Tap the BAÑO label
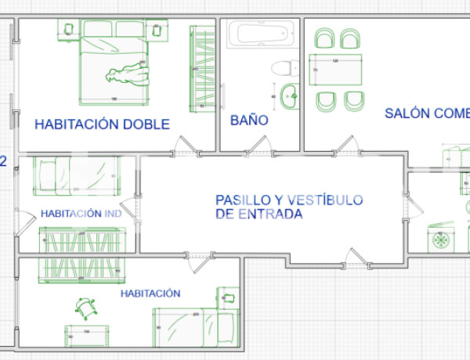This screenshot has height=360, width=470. pos(249,121)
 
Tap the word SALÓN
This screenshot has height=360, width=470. pos(407,113)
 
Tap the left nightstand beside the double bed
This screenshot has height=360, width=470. pos(68,30)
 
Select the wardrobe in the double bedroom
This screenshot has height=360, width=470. pos(201,67)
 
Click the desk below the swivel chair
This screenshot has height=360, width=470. pos(86,332)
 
